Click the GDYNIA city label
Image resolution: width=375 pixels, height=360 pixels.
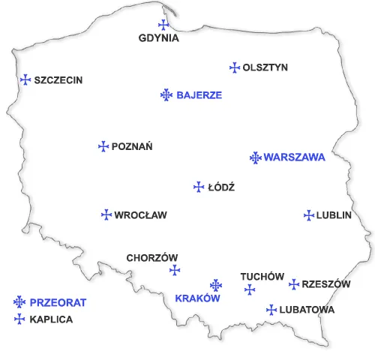click(x=159, y=38)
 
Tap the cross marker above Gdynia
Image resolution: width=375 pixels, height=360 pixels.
click(x=163, y=25)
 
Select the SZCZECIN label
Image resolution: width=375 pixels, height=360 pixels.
click(x=58, y=80)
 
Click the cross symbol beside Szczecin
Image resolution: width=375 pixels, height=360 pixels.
click(x=25, y=79)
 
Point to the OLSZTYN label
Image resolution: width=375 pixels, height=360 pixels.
click(x=265, y=67)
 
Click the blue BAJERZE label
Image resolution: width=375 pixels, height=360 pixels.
click(x=199, y=95)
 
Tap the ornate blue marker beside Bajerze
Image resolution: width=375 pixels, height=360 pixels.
click(x=166, y=94)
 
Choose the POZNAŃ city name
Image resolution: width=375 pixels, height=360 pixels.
click(x=132, y=147)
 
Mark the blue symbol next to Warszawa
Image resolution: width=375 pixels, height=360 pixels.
click(x=255, y=157)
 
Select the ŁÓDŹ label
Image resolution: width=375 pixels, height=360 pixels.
click(x=221, y=187)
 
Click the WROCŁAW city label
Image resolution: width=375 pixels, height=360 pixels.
click(x=140, y=215)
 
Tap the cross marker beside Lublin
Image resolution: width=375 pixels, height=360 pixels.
click(x=308, y=215)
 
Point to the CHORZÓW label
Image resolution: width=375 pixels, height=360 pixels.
click(x=151, y=257)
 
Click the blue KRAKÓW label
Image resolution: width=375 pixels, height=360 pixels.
click(x=196, y=298)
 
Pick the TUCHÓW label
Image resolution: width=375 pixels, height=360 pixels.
click(x=262, y=277)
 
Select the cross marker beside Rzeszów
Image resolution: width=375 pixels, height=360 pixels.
click(x=294, y=284)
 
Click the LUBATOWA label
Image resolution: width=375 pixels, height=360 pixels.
click(x=306, y=309)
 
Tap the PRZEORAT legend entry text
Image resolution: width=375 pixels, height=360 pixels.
click(x=58, y=303)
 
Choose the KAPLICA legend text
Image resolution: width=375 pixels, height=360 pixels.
click(x=51, y=319)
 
